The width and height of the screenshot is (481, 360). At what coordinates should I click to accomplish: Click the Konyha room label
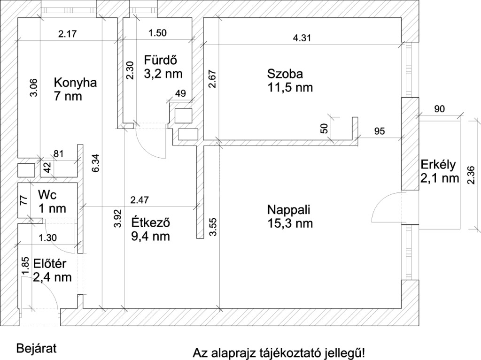(75, 83)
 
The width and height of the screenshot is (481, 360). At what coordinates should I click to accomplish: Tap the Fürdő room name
(161, 60)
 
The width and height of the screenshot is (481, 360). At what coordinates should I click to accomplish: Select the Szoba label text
(285, 74)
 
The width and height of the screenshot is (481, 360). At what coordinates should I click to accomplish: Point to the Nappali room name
(289, 210)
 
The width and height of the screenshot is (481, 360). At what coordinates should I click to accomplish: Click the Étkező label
(151, 222)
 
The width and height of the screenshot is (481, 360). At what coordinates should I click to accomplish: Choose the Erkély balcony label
(438, 165)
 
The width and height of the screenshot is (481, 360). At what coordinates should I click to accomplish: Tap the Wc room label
(47, 195)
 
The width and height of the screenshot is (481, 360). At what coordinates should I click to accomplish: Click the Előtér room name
(50, 264)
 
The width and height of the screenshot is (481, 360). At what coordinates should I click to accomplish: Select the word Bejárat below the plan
(36, 349)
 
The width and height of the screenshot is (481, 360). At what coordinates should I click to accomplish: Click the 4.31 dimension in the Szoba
(302, 38)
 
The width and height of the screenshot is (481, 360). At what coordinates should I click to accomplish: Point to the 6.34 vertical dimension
(96, 163)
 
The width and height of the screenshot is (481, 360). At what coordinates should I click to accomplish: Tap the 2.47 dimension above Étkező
(140, 200)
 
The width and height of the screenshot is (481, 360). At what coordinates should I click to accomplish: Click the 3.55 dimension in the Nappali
(213, 227)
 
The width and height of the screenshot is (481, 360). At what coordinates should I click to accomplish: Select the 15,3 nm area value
(290, 223)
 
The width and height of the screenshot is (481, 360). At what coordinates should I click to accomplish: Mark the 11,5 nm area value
(290, 87)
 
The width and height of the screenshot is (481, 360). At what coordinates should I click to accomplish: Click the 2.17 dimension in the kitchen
(68, 33)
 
